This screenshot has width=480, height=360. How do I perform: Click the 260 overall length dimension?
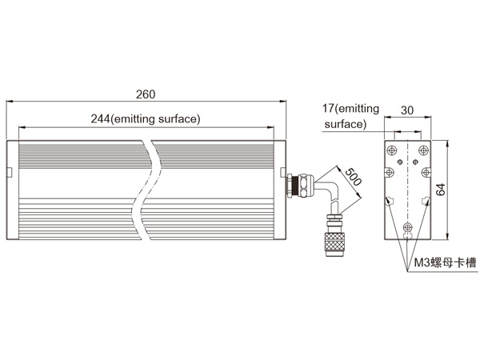[x=146, y=94]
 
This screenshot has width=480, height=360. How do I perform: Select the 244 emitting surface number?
[x=100, y=118]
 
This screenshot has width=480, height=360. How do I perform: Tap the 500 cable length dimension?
[x=353, y=177]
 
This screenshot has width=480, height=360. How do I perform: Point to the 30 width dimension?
[x=407, y=110]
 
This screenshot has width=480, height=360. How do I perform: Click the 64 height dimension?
[x=441, y=190]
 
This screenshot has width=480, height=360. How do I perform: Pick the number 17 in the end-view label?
[x=328, y=108]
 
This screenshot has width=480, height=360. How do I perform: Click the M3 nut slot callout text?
[x=446, y=262]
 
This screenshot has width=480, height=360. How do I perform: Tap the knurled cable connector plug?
[x=334, y=244]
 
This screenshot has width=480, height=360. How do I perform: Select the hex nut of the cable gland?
[x=305, y=186]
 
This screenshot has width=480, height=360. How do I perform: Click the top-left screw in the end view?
[x=392, y=150]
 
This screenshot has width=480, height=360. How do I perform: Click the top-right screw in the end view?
[x=423, y=150]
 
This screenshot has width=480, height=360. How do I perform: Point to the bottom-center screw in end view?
[x=407, y=227]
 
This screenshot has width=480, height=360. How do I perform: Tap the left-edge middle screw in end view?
[x=389, y=173]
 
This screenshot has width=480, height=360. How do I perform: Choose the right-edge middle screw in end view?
[x=426, y=173]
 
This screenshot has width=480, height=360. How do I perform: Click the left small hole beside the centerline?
[x=399, y=162]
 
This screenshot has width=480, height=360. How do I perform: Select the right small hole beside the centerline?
[x=415, y=162]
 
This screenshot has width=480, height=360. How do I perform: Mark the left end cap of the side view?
[x=13, y=190]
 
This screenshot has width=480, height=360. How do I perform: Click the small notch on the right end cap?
[x=283, y=172]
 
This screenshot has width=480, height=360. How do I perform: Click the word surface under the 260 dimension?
[x=179, y=118]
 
